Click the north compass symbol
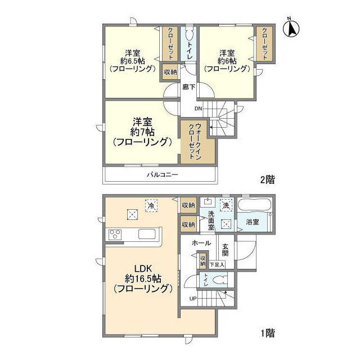[x=291, y=29]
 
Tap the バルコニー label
[x=163, y=175]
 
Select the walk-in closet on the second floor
[x=197, y=142]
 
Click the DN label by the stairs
[x=199, y=109]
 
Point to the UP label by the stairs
[x=193, y=299]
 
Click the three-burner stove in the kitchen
[x=115, y=235]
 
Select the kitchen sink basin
[x=147, y=234]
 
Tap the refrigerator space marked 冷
[x=151, y=205]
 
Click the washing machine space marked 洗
[x=226, y=205]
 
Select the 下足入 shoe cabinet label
[x=217, y=265]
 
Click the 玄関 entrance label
[x=225, y=250]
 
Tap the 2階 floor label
[x=267, y=179]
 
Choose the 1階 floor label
[x=268, y=332]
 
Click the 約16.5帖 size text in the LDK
[x=143, y=279]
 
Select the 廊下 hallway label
[x=189, y=87]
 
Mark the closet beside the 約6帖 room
[x=264, y=44]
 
